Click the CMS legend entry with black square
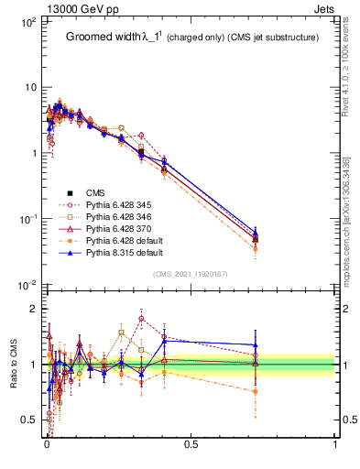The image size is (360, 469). pyautogui.click(x=95, y=192)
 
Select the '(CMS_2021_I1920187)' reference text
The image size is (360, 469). pyautogui.click(x=190, y=273)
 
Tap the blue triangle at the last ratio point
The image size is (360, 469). pyautogui.click(x=256, y=345)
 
